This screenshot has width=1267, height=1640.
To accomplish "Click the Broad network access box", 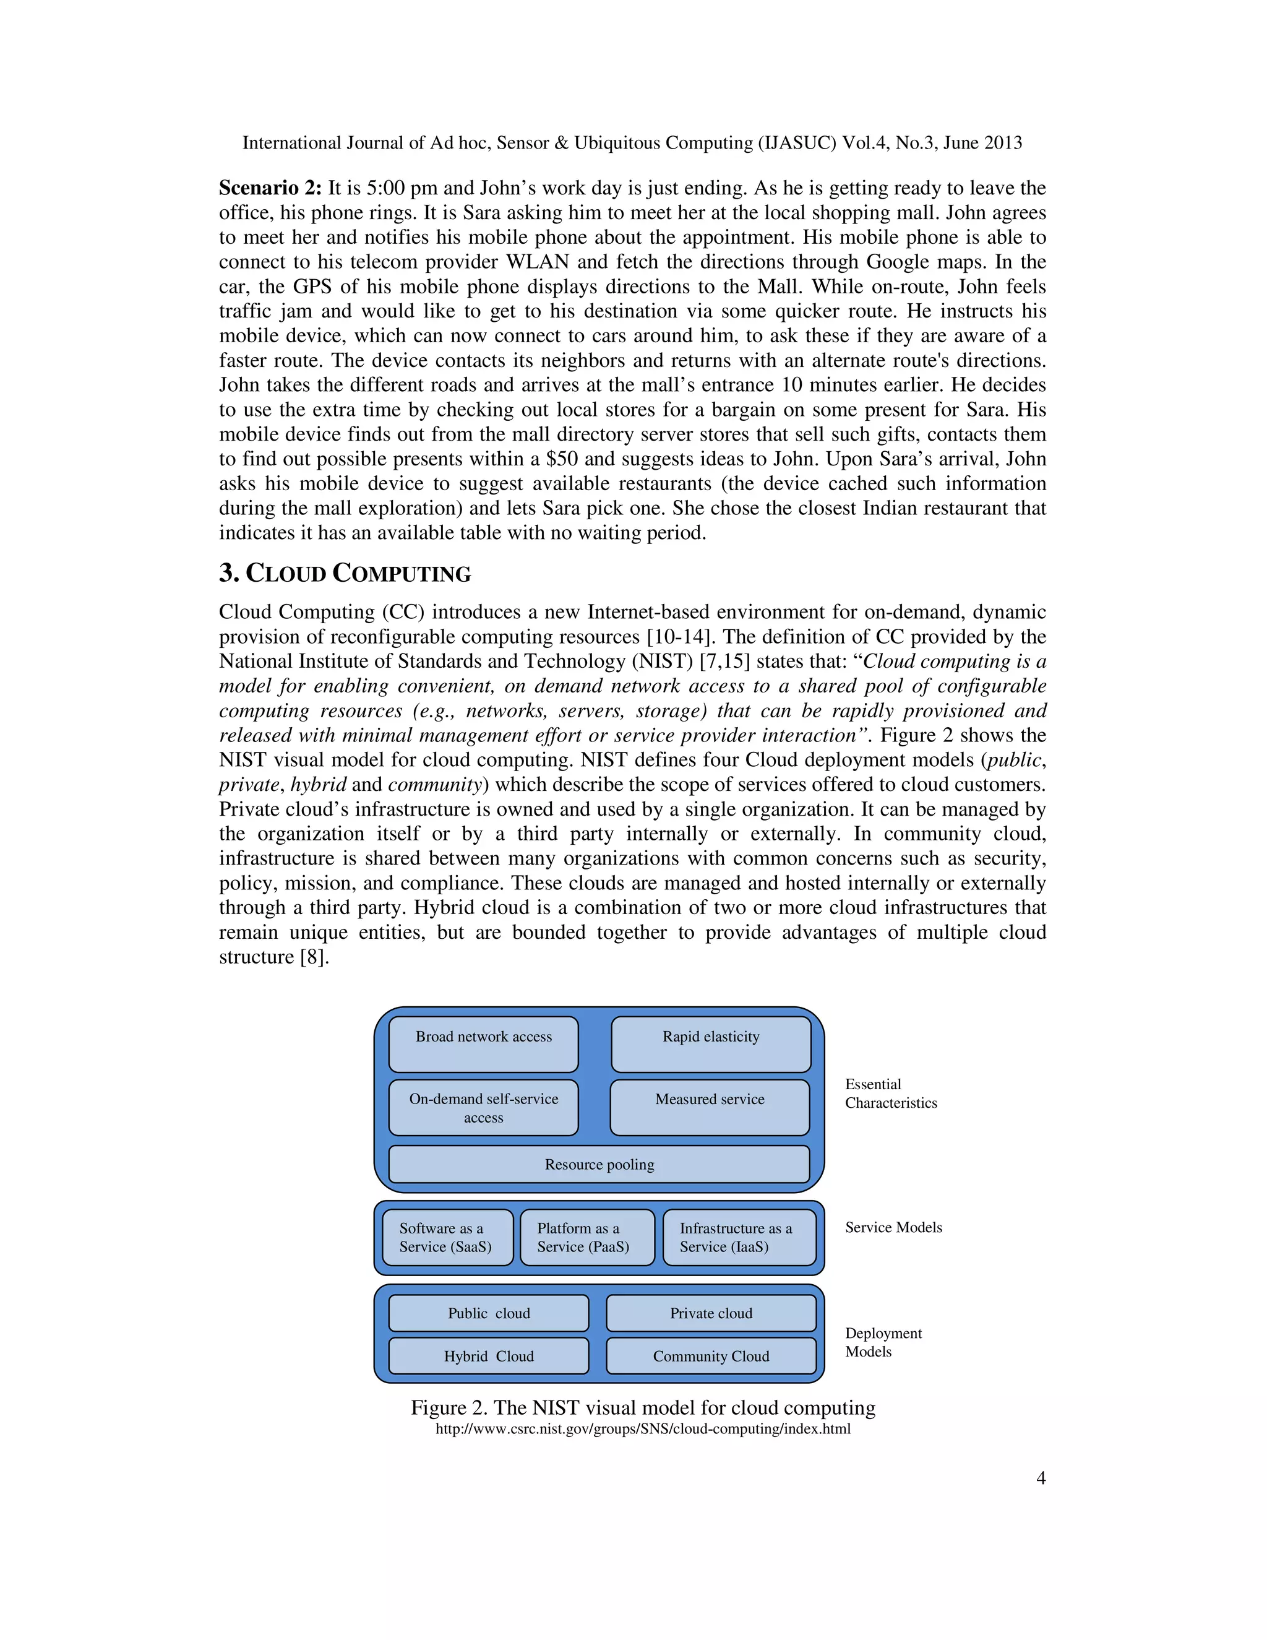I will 483,1044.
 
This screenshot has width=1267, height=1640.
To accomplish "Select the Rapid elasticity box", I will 711,1044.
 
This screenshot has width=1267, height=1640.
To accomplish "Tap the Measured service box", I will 710,1107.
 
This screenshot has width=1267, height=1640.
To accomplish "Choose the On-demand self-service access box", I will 483,1108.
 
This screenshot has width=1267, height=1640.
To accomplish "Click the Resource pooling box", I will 599,1165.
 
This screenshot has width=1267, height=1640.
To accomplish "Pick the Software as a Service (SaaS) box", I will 447,1238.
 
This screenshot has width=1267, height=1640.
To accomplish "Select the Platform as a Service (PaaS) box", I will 587,1238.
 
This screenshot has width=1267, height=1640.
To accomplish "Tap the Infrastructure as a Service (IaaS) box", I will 739,1238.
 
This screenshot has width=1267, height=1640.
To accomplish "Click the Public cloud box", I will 489,1313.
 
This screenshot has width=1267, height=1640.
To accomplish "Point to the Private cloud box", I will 711,1313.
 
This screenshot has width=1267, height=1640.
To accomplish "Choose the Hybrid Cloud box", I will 489,1356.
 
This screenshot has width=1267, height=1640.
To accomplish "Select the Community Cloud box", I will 711,1356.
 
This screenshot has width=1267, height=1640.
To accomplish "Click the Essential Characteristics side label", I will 891,1094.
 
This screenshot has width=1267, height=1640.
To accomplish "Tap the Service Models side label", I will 893,1227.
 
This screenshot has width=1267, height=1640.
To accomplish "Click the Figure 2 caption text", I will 643,1407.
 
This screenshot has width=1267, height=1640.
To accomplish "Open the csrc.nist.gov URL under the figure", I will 643,1429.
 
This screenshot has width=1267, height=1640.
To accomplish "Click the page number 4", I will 1041,1478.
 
